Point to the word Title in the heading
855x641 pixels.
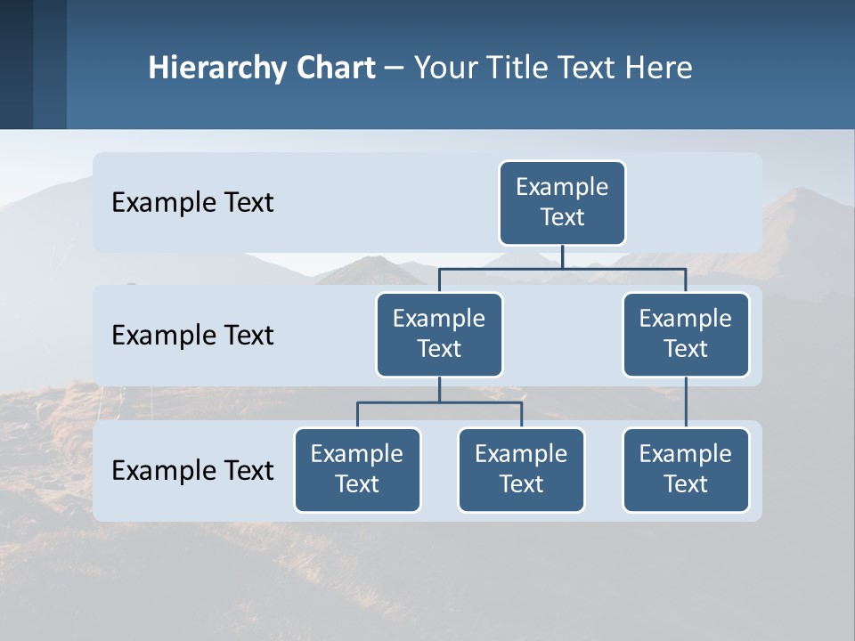click(518, 69)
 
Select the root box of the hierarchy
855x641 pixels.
click(562, 202)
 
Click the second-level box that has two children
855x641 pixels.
click(439, 334)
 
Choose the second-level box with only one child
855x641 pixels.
click(686, 334)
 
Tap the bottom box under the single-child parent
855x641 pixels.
click(686, 469)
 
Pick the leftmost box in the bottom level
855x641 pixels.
click(357, 469)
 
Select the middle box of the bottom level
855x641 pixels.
click(521, 469)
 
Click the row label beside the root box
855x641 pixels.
click(192, 203)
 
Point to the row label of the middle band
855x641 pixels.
click(192, 336)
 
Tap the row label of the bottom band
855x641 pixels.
click(192, 470)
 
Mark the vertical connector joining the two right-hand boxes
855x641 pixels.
click(686, 402)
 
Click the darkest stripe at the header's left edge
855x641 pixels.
click(16, 64)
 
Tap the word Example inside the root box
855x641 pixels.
click(562, 187)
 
